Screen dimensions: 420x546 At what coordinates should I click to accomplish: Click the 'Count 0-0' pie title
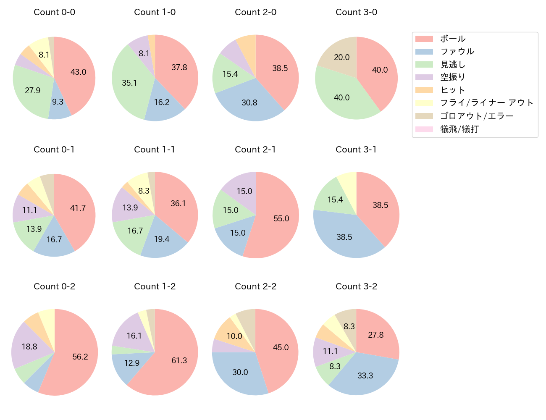54,12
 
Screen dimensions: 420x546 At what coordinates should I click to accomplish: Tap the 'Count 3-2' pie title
356,286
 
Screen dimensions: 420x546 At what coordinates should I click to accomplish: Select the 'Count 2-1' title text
255,150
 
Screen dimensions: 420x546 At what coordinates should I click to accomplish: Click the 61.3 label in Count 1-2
179,360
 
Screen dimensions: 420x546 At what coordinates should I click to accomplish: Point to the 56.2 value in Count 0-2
80,357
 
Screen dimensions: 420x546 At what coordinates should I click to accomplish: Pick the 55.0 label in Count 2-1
281,218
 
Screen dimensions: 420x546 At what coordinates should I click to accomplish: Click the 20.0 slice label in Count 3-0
341,57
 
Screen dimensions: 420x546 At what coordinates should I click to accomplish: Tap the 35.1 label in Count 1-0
129,83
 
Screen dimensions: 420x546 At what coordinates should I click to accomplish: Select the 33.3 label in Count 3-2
365,375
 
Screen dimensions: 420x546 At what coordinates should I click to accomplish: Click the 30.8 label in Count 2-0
249,102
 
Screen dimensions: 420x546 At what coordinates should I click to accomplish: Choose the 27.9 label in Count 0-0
32,90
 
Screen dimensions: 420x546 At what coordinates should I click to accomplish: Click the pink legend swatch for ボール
424,39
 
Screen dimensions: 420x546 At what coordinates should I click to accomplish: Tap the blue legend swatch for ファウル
424,52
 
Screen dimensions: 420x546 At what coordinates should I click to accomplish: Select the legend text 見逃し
453,65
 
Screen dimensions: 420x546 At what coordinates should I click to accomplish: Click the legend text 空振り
453,77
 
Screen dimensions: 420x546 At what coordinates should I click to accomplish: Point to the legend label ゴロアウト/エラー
477,116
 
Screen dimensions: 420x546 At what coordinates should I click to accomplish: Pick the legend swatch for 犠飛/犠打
424,129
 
